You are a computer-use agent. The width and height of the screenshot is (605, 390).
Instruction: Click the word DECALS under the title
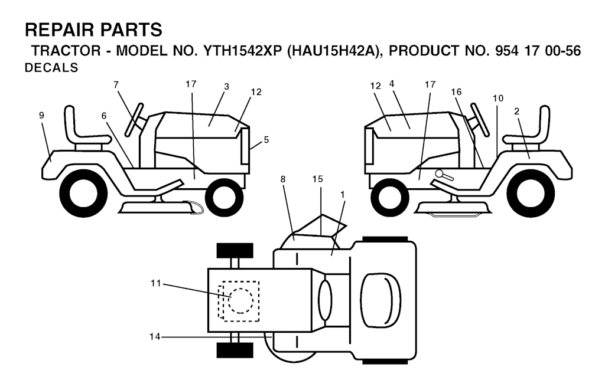click(x=51, y=68)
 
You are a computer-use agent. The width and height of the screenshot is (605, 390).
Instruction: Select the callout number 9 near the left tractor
click(x=42, y=115)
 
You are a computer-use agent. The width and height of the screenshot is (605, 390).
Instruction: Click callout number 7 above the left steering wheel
click(x=116, y=85)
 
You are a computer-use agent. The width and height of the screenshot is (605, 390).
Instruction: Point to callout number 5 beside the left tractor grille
click(x=266, y=140)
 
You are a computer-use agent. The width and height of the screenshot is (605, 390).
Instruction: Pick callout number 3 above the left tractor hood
click(x=226, y=87)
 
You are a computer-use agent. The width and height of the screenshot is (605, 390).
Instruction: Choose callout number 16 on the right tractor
click(x=456, y=92)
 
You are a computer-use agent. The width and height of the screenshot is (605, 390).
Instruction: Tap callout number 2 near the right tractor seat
click(x=516, y=112)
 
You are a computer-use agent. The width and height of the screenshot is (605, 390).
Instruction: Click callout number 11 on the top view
click(x=155, y=284)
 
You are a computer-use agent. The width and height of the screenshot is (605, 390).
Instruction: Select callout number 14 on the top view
click(x=155, y=337)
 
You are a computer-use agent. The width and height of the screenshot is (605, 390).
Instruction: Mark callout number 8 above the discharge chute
click(x=283, y=179)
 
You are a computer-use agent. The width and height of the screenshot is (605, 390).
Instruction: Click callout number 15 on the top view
click(x=317, y=179)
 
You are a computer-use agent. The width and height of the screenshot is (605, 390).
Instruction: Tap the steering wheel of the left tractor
click(x=134, y=120)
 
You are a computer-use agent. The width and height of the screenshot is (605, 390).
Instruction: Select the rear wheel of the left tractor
click(x=84, y=192)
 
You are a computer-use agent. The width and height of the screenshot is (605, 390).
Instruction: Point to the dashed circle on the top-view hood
click(x=241, y=300)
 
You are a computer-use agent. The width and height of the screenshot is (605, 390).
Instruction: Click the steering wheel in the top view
click(x=326, y=300)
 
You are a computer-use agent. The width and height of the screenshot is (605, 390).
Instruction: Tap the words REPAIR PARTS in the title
click(x=94, y=30)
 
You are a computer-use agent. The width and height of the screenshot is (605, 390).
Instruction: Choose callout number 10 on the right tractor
click(x=497, y=99)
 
